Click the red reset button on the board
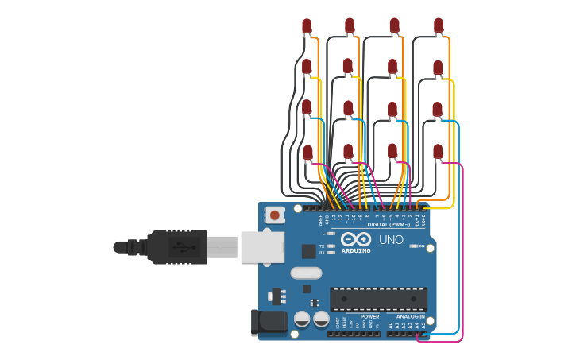coord(275,215)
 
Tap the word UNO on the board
coord(390,239)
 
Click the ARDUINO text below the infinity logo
coord(356,251)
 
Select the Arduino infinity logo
coord(355,240)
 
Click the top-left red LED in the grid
coord(307,26)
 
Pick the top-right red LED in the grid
coord(439,26)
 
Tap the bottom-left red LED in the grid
coord(307,152)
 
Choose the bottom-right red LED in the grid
coord(438,151)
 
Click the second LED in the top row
coord(350,26)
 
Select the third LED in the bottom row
coord(392,151)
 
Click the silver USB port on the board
coord(262,247)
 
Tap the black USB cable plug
coord(176,247)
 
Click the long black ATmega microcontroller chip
coord(378,299)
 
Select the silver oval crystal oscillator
coord(306,273)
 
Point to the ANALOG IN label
coord(411,316)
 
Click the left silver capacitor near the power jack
coord(302,319)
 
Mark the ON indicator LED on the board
coord(412,246)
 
